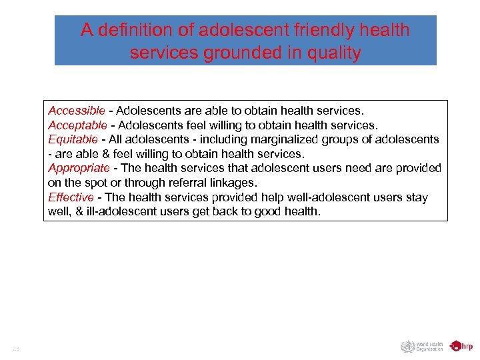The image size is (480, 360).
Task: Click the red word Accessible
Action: point(77,110)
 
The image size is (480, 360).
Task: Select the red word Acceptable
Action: point(77,125)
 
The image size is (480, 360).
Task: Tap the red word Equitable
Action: point(73,139)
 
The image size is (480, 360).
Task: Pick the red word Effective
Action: point(71,197)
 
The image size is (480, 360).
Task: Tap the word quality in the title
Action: point(331,53)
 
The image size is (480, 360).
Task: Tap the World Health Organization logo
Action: point(422,347)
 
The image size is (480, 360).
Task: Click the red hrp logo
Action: point(461,346)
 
